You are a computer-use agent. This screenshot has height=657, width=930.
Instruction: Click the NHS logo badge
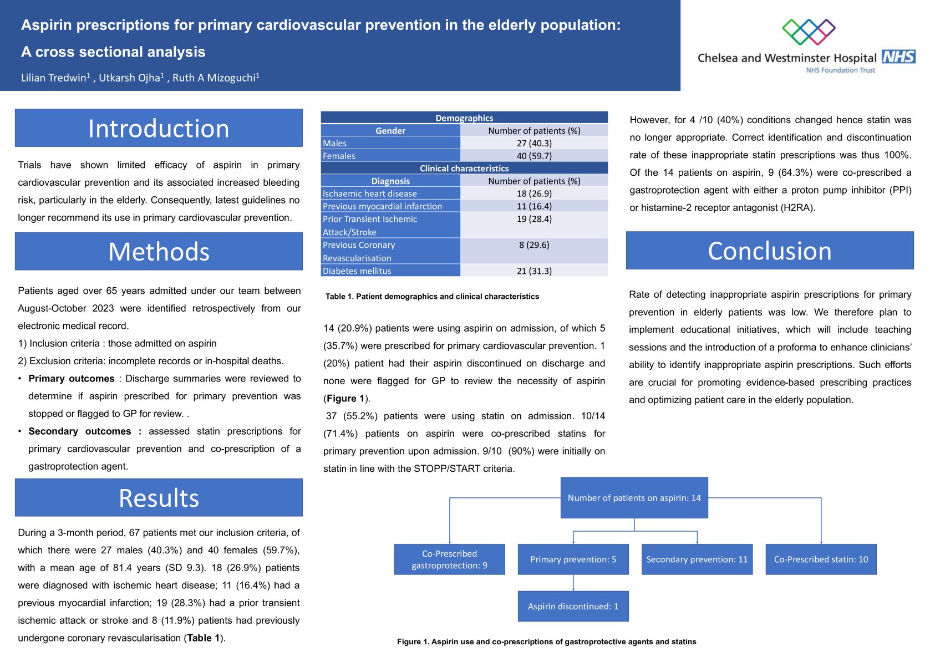pos(898,57)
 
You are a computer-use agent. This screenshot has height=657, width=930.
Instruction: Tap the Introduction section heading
pos(159,128)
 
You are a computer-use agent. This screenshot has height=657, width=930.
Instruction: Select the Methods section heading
pos(159,251)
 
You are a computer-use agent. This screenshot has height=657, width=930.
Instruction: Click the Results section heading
pos(159,497)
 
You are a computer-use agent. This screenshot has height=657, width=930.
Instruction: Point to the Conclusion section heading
pos(770,251)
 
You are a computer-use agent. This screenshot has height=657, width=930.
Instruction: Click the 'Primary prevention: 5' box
pos(573,559)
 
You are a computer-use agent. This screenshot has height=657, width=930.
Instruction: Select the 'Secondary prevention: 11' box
pos(697,559)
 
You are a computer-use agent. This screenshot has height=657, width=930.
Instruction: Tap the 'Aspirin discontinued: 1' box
pos(573,606)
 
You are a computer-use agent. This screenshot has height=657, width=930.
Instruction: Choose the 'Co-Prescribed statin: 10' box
pos(821,559)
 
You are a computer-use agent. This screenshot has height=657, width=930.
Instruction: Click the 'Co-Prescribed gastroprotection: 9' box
pos(449,559)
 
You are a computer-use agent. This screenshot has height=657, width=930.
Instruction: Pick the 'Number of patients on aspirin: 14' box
pos(634,498)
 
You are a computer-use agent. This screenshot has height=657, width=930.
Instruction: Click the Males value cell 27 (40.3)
pos(534,143)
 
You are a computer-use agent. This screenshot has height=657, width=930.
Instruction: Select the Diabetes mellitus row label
pos(357,271)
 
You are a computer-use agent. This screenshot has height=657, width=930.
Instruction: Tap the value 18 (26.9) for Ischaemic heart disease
pos(534,193)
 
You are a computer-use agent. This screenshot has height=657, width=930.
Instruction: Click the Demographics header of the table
pos(464,118)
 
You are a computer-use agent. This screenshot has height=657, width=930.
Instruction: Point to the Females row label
pos(339,156)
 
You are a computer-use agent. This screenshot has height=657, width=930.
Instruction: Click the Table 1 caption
pos(432,297)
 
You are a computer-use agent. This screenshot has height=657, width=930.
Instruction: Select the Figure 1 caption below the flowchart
pos(546,641)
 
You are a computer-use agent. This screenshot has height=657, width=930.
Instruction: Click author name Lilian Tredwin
pos(54,78)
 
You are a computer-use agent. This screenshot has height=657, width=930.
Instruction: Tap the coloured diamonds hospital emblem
pos(809,32)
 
